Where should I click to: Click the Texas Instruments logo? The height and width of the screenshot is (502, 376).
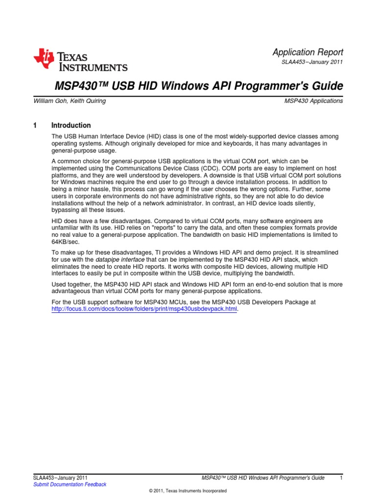pyautogui.click(x=80, y=60)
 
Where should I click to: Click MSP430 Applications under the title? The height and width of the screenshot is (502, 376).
pyautogui.click(x=313, y=101)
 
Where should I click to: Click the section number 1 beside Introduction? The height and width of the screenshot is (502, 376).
pyautogui.click(x=35, y=125)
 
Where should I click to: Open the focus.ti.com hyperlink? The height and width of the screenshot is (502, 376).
pyautogui.click(x=144, y=310)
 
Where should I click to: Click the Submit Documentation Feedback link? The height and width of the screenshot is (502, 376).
pyautogui.click(x=70, y=484)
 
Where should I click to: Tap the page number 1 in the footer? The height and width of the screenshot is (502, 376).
pyautogui.click(x=341, y=477)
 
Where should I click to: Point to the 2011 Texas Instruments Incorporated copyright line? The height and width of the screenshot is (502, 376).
pyautogui.click(x=188, y=491)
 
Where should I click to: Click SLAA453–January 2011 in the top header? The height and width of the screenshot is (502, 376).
pyautogui.click(x=310, y=62)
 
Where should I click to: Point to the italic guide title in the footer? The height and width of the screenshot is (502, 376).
pyautogui.click(x=263, y=477)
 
